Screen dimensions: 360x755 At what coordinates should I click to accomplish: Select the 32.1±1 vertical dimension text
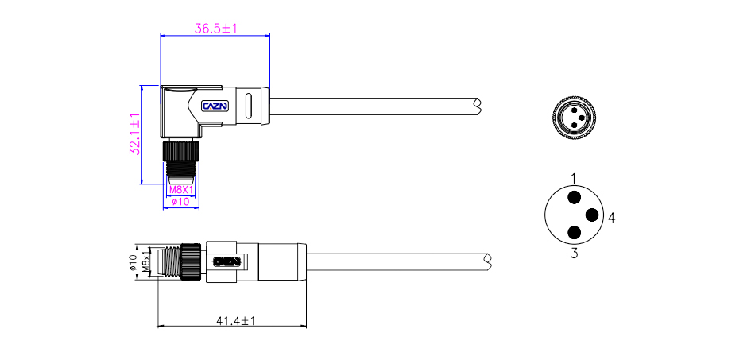coord(135,134)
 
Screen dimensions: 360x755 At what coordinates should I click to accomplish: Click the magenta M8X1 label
coord(180,190)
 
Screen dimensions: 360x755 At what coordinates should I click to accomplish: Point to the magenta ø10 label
coord(180,202)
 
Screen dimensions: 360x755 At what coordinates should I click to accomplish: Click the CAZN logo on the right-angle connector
coord(215,105)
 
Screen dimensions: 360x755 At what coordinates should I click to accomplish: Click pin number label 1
coord(573,176)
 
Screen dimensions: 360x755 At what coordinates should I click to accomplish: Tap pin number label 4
coord(611,216)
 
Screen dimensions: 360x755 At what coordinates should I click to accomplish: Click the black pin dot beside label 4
coord(592,215)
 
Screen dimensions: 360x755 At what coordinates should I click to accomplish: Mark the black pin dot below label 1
coord(573,197)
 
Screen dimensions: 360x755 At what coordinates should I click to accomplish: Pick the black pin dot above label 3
coord(573,232)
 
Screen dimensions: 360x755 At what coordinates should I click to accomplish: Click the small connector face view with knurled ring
coord(573,118)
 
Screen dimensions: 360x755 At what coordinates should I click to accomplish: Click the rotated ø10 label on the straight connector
coord(134,261)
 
